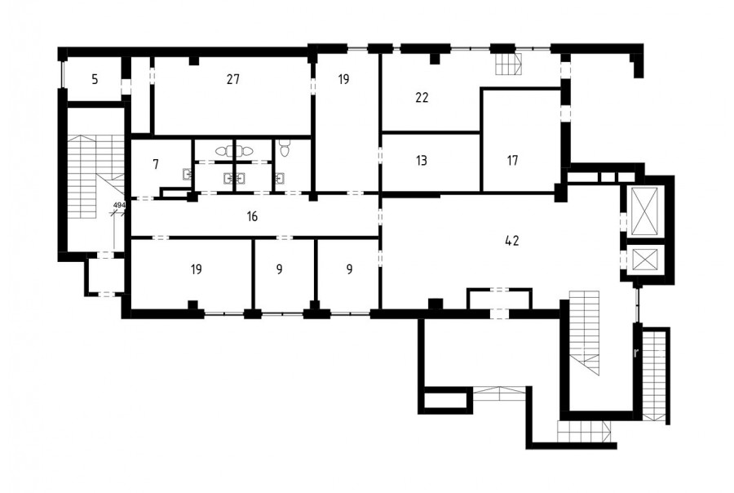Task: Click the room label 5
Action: (95, 80)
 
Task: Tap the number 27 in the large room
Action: (233, 79)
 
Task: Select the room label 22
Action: (422, 97)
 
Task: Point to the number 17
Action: (513, 160)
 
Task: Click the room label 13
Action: (422, 160)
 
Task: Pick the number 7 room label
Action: (156, 164)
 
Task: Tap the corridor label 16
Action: (252, 216)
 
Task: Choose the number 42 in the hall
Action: (512, 241)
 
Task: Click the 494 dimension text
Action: (119, 205)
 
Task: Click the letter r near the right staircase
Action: (635, 353)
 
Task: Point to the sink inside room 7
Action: (188, 175)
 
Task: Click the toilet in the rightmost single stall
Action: (284, 148)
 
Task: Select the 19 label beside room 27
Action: (343, 79)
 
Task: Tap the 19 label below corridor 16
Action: (197, 269)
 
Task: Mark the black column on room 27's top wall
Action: (194, 60)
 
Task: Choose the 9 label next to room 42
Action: (349, 269)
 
